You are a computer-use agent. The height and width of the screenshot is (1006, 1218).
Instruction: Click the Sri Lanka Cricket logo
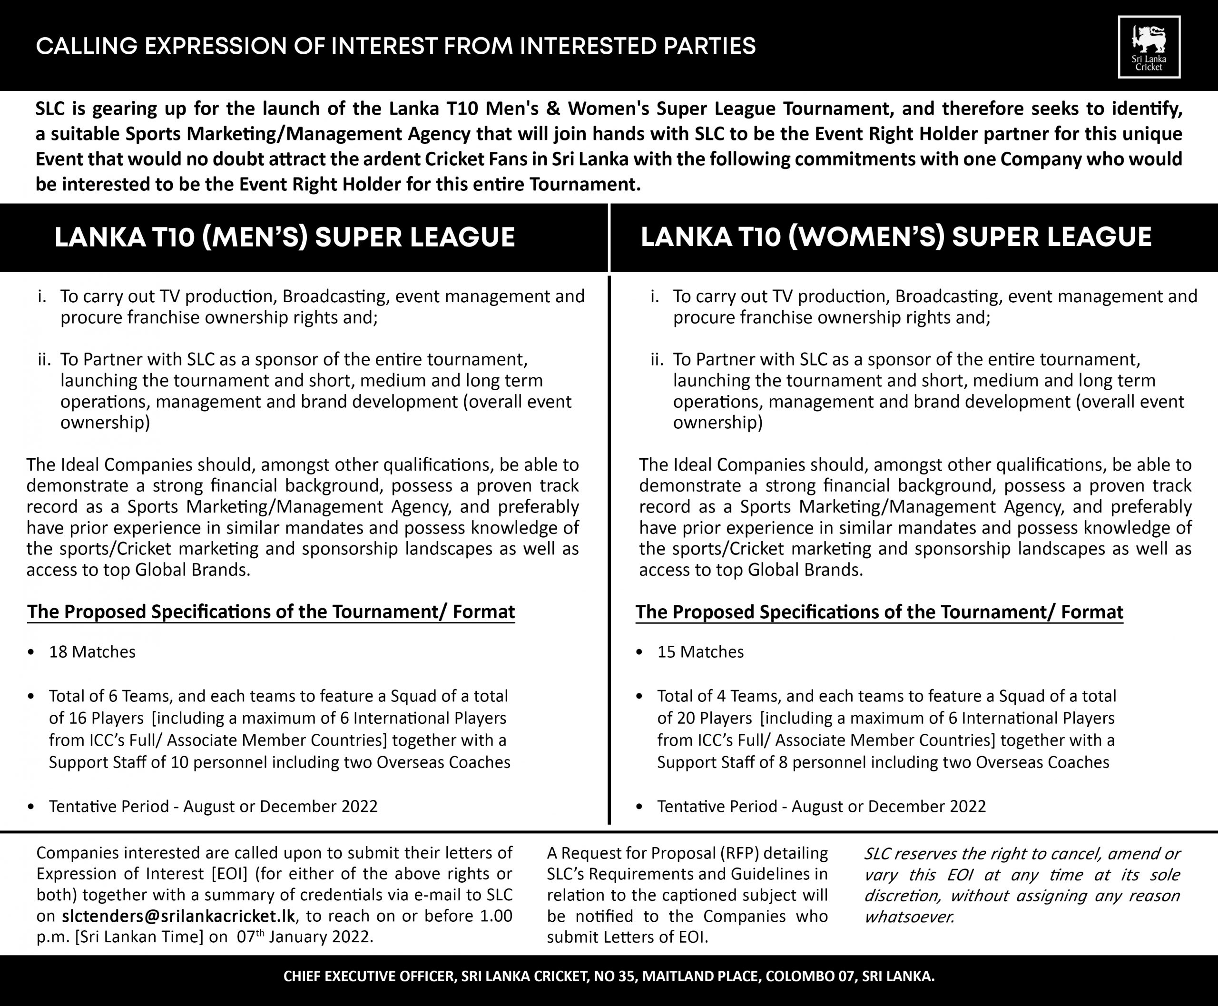[1149, 47]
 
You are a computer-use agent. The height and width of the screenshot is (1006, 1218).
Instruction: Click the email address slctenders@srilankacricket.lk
[178, 916]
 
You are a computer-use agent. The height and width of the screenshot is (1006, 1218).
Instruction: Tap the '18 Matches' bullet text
[92, 652]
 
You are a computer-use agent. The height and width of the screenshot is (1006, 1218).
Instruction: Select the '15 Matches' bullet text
[700, 652]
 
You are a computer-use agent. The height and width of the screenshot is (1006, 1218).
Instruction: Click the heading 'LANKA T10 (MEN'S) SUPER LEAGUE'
[285, 237]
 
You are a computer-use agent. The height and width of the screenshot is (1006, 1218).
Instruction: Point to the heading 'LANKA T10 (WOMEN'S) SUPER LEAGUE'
[896, 237]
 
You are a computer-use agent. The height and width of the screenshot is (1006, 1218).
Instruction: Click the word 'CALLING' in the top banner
[87, 46]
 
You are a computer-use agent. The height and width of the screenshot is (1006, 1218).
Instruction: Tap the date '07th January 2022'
[304, 937]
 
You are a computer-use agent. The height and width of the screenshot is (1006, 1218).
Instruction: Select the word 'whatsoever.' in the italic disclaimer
[909, 917]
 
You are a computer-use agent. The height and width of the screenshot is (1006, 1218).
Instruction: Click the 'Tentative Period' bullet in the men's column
[213, 806]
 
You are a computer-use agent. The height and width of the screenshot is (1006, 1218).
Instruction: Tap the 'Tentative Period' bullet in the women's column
[821, 806]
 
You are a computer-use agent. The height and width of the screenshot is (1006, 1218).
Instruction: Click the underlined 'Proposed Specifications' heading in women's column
[879, 612]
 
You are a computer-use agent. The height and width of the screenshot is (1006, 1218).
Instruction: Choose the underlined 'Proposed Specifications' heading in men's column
[271, 612]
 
